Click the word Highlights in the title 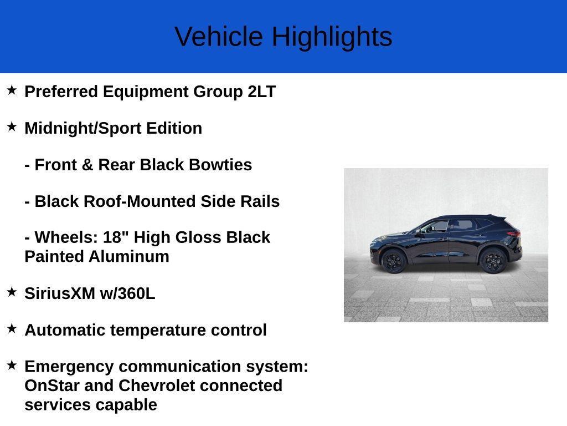[x=332, y=37]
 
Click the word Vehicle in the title [x=219, y=37]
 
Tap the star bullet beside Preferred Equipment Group [x=12, y=90]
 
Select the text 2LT [x=261, y=92]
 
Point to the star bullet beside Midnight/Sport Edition [x=12, y=126]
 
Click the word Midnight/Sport [x=83, y=128]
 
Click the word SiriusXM [x=60, y=293]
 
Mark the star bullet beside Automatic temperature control [x=12, y=328]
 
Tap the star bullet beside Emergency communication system [x=12, y=365]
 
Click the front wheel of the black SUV [x=394, y=261]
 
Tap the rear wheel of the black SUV [x=493, y=260]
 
